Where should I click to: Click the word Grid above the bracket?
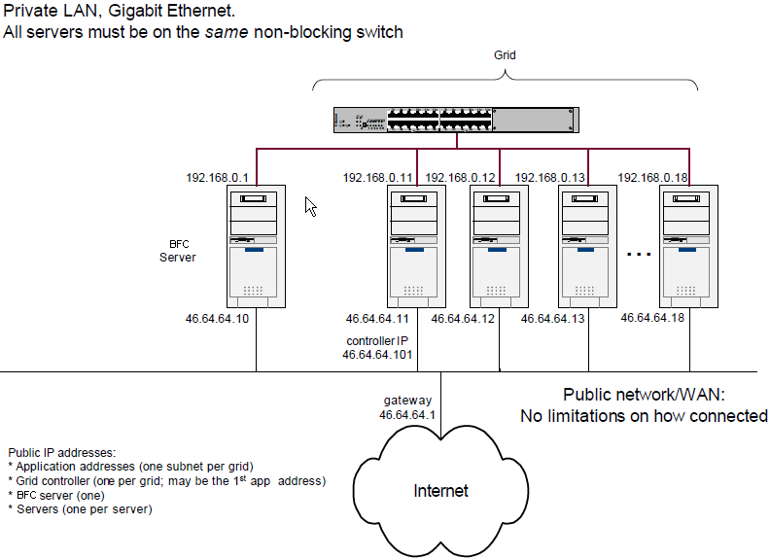click(505, 55)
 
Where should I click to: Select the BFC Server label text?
click(178, 251)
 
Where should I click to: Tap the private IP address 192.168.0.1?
click(217, 178)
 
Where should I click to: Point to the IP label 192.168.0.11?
click(379, 178)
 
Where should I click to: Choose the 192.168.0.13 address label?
click(549, 178)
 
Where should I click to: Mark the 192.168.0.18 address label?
click(654, 178)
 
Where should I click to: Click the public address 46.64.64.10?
click(217, 318)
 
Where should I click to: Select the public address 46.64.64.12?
click(464, 318)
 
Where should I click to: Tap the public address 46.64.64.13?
click(553, 318)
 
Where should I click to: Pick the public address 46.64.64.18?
click(653, 317)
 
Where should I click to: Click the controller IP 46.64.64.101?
click(377, 355)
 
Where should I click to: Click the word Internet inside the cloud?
click(440, 491)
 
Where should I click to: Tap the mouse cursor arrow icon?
click(311, 206)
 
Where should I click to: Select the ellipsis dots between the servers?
click(638, 255)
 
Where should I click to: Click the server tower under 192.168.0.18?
click(688, 246)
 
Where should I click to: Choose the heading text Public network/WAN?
click(644, 395)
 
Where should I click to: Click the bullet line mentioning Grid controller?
click(166, 480)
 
